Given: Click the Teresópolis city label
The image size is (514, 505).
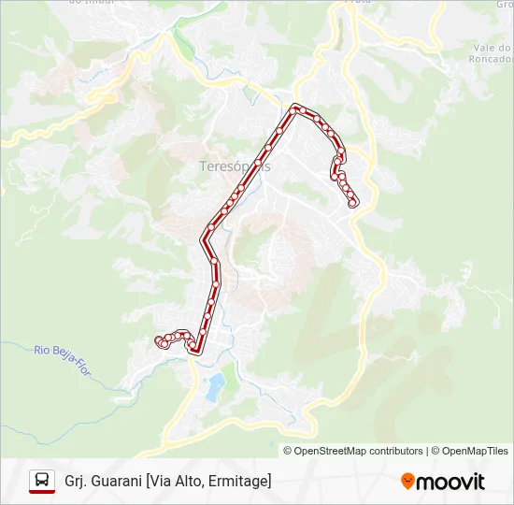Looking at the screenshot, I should pyautogui.click(x=235, y=166).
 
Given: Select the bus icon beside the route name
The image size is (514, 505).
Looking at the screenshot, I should pyautogui.click(x=42, y=481).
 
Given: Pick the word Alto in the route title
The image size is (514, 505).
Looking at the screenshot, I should pyautogui.click(x=190, y=481).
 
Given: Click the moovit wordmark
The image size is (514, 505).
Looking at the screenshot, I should pyautogui.click(x=451, y=481).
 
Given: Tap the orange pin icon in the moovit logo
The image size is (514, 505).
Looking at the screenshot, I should pyautogui.click(x=407, y=481).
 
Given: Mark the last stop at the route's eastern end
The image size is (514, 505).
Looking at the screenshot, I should pyautogui.click(x=353, y=203).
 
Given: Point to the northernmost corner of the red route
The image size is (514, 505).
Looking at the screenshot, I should pyautogui.click(x=296, y=107).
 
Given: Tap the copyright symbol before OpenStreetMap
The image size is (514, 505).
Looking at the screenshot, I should pyautogui.click(x=288, y=451).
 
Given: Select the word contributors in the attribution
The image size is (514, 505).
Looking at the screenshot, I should pyautogui.click(x=395, y=451).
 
